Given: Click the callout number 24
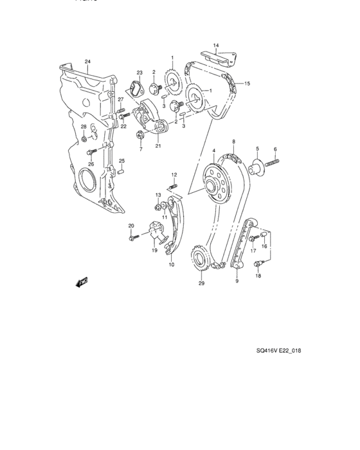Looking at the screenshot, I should [87, 62].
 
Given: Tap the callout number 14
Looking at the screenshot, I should [216, 45].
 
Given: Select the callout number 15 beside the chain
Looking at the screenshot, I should [248, 84].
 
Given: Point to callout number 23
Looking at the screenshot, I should [139, 73].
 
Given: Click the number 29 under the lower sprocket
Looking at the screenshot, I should [201, 283].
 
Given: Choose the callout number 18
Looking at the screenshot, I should [258, 276].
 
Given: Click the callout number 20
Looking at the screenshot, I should [131, 226].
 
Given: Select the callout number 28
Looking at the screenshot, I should [83, 127].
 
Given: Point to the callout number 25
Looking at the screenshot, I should [120, 161].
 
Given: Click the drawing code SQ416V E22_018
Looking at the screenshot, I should [279, 351].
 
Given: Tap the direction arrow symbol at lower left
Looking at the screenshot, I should [81, 281].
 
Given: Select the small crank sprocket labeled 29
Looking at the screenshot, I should [201, 262].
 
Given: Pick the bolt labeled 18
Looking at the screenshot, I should [257, 264].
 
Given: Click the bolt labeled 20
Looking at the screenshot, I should [132, 239].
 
